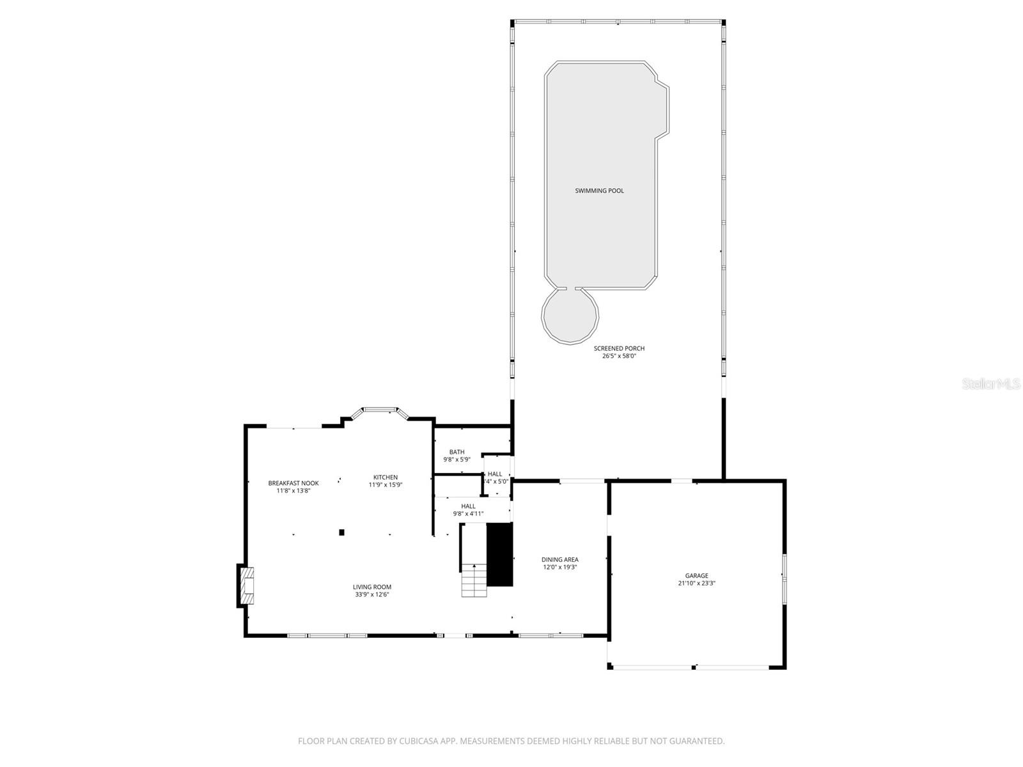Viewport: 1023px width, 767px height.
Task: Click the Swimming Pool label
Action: pos(599,190)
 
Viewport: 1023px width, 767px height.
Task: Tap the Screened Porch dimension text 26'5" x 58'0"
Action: pos(619,356)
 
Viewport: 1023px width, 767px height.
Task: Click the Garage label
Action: pos(696,576)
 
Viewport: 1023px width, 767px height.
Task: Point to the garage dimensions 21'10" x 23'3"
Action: pos(696,584)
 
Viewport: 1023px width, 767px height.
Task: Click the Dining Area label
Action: pos(560,560)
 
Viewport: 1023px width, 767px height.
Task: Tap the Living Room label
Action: pos(372,587)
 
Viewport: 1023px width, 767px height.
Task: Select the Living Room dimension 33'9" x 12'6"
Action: pos(372,594)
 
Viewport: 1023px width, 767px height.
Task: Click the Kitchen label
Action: pos(386,477)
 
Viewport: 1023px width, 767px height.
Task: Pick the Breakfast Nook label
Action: pos(293,483)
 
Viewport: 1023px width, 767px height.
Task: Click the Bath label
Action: pos(457,452)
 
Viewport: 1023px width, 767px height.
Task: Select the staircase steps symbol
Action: pos(474,581)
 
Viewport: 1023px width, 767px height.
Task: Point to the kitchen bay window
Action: pos(381,409)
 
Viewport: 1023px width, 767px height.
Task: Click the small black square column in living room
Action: pos(341,532)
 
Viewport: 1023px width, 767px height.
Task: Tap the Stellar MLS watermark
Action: pos(991,384)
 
